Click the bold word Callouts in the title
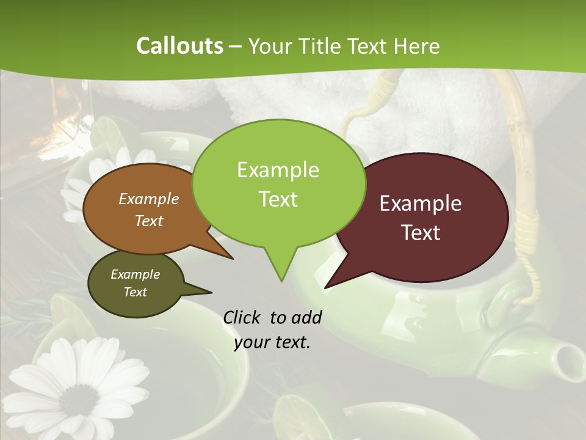click(x=179, y=46)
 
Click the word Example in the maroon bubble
click(x=421, y=204)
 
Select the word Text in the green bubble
click(x=278, y=199)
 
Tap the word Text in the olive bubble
click(x=136, y=292)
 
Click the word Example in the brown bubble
click(x=149, y=199)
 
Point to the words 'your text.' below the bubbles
click(x=272, y=343)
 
